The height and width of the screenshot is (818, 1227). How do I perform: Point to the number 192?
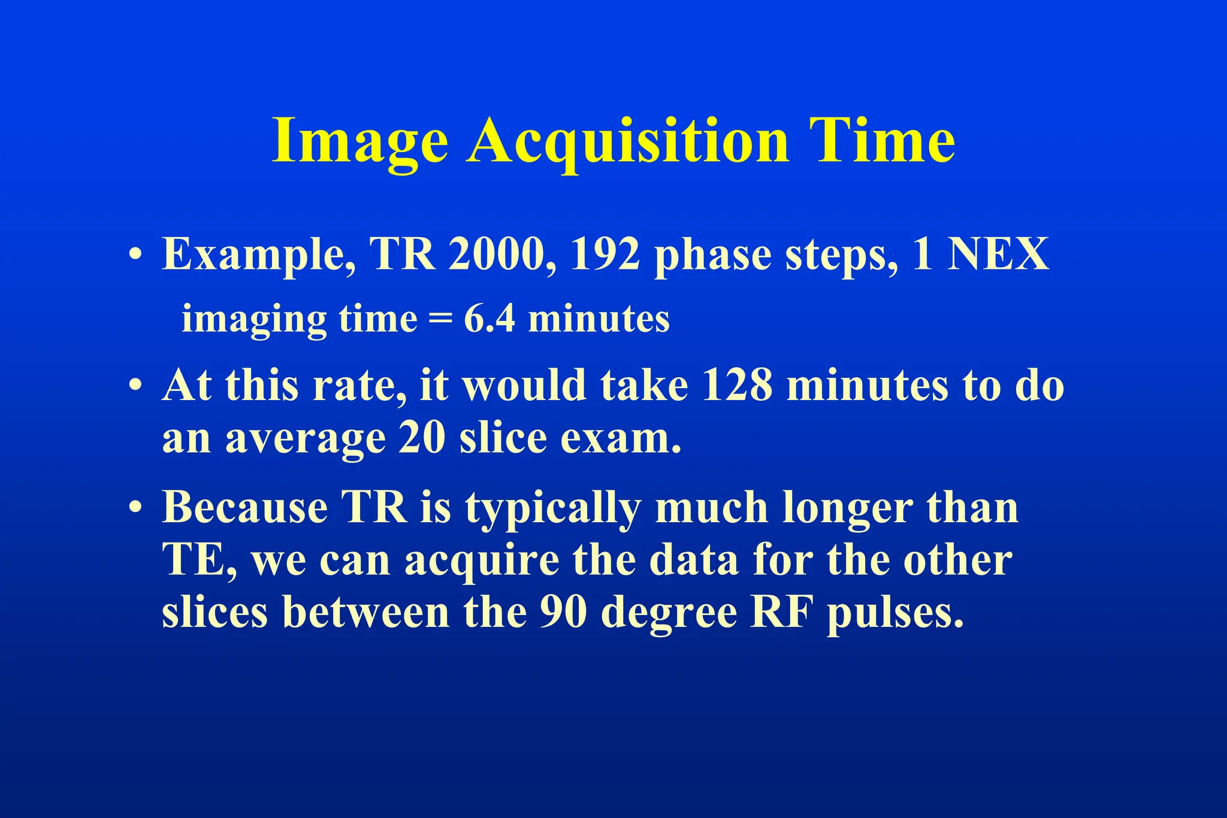[x=605, y=255]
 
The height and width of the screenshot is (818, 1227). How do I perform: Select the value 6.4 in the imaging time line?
[x=489, y=319]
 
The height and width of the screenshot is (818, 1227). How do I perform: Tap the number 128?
[x=736, y=385]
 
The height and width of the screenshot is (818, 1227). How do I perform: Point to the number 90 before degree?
[x=563, y=613]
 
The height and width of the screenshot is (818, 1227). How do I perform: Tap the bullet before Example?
[x=135, y=255]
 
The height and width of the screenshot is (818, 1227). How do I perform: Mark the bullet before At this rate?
[x=135, y=386]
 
